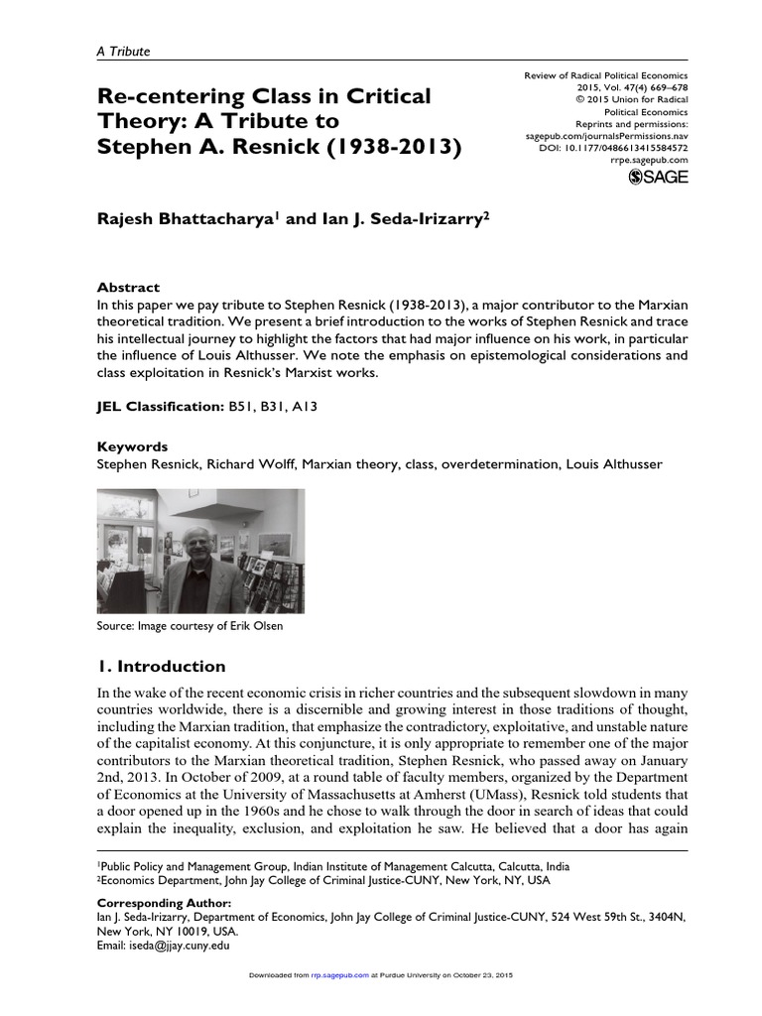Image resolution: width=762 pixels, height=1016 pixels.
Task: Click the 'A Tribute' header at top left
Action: tap(123, 52)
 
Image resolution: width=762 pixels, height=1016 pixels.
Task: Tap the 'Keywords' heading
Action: tap(131, 446)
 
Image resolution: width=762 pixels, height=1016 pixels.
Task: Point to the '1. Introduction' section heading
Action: tap(161, 666)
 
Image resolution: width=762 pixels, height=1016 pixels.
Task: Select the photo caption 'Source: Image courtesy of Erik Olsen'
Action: tap(196, 625)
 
